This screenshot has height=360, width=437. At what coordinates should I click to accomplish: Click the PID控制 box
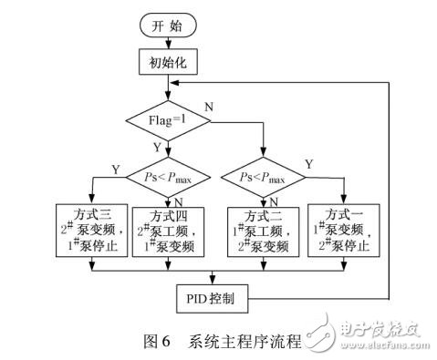coord(212,297)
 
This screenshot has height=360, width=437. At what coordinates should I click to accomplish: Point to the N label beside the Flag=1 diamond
coord(211,106)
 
